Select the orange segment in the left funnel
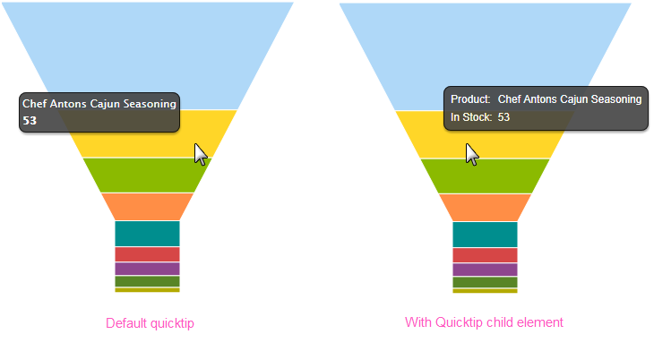(147, 207)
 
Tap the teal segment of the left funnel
(147, 234)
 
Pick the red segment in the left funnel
(147, 254)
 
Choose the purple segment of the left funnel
(147, 269)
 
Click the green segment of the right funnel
(485, 176)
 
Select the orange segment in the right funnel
(485, 208)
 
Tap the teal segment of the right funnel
(485, 235)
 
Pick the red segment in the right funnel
(485, 255)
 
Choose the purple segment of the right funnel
(485, 270)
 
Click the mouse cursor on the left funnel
(201, 154)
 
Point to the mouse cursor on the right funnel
(472, 154)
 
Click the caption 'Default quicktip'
(150, 323)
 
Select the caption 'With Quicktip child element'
(484, 322)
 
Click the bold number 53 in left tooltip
(30, 121)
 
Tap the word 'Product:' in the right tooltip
(470, 99)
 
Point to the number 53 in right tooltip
(503, 117)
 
